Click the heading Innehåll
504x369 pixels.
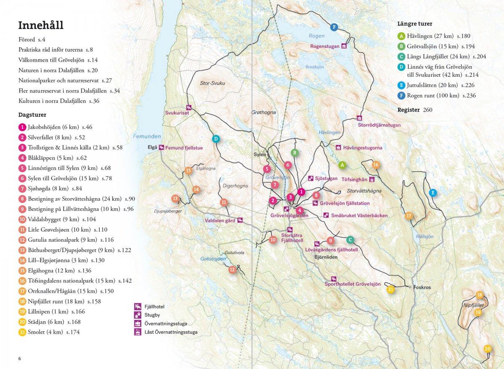(41, 25)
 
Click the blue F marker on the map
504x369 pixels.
(334, 27)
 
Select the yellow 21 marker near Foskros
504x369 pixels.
(391, 289)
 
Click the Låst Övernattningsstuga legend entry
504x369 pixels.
(171, 332)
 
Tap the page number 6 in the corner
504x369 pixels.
(19, 359)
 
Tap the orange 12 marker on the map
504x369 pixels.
(232, 270)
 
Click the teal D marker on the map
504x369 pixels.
(215, 139)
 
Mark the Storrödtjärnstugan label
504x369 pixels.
(379, 125)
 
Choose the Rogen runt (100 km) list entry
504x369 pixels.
(441, 96)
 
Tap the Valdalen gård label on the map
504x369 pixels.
(220, 220)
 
